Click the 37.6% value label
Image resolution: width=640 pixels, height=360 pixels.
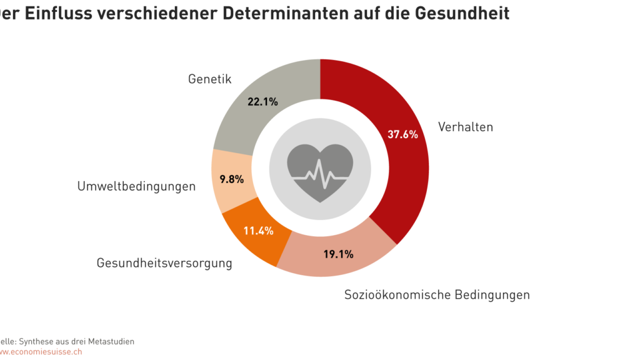[x=402, y=134]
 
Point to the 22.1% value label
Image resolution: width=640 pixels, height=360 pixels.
[x=262, y=101]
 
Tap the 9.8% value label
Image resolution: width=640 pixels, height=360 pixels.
[x=232, y=179]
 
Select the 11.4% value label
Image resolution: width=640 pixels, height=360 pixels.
[x=259, y=231]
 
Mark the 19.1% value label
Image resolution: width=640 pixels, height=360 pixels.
[x=339, y=254]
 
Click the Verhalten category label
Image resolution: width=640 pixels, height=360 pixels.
[x=466, y=127]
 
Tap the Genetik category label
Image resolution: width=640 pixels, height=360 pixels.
[x=210, y=79]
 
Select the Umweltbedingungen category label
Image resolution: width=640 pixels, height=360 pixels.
[x=136, y=186]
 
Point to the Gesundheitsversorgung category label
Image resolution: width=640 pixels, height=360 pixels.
[x=164, y=263]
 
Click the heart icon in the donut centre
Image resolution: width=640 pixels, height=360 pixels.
[x=320, y=172]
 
